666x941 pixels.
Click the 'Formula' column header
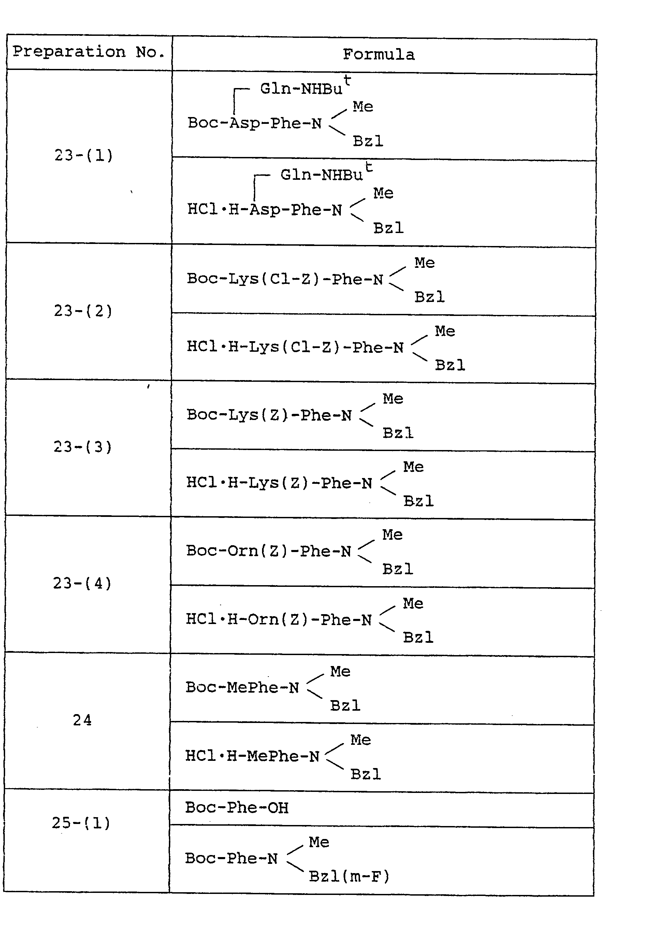[x=378, y=55]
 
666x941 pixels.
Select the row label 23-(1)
[x=84, y=155]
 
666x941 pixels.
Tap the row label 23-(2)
[x=83, y=311]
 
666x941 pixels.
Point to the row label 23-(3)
[x=83, y=447]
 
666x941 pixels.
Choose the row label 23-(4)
[x=83, y=583]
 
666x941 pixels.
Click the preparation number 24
[x=82, y=720]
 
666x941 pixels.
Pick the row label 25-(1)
[x=81, y=823]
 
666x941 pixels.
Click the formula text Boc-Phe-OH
[x=237, y=808]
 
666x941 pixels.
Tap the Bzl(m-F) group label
[x=349, y=876]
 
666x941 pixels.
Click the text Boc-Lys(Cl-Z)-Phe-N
[x=285, y=279]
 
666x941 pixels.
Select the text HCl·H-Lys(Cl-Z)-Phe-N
[x=295, y=347]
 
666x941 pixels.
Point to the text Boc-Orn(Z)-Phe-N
[x=269, y=551]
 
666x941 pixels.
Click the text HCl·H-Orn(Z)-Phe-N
[x=278, y=619]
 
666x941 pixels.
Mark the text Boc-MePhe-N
[x=242, y=687]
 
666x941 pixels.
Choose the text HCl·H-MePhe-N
[x=252, y=756]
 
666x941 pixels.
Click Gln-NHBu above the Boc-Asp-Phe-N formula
[x=301, y=89]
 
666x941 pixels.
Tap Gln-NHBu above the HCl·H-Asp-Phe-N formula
[x=322, y=175]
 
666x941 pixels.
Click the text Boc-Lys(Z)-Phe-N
[x=269, y=415]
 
